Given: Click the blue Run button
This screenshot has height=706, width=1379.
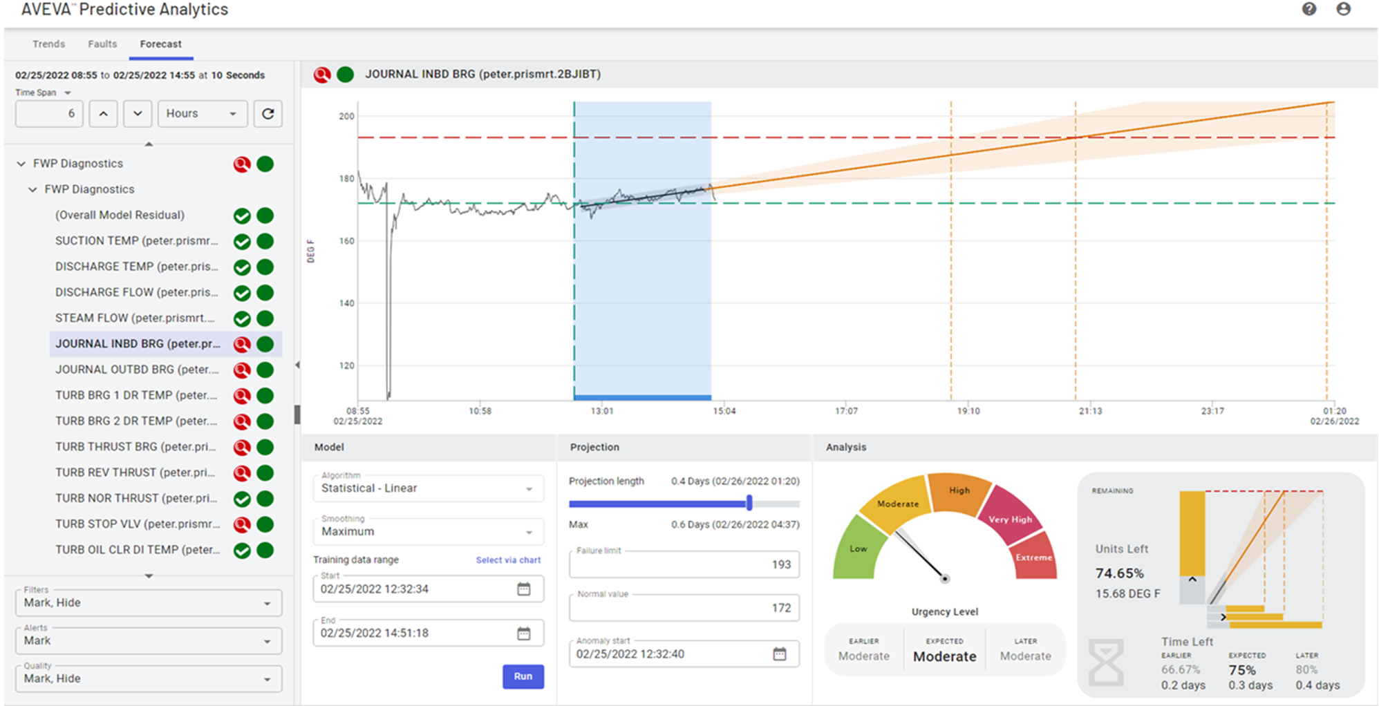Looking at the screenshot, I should tap(523, 676).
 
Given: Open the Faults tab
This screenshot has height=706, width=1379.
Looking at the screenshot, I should tap(102, 44).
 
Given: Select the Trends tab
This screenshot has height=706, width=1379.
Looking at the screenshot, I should tap(48, 44).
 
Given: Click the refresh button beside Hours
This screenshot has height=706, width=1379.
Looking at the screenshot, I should tap(268, 113).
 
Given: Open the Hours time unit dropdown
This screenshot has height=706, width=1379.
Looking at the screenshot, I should tap(202, 113).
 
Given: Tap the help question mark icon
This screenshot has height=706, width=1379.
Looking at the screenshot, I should tap(1309, 9).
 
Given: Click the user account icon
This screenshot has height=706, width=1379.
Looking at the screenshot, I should tap(1343, 9).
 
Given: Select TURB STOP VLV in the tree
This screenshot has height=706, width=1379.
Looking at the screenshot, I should tap(137, 524).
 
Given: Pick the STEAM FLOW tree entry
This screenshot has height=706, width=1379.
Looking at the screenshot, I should tap(135, 318).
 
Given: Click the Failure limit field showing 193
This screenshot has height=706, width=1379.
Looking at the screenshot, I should tap(684, 564).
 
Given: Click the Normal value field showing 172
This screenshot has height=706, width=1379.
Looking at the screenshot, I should tap(684, 608).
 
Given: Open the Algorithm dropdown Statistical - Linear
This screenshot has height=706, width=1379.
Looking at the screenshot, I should tap(428, 488).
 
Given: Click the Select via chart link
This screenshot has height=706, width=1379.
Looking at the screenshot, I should tap(508, 560).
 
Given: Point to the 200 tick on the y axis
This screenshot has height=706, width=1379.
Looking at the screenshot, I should tap(346, 116).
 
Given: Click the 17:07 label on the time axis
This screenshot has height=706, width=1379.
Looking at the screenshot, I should tap(846, 411).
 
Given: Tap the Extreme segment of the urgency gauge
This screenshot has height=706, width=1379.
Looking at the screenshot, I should tap(1033, 557).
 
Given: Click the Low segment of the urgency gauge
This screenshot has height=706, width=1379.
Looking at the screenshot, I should tap(858, 548).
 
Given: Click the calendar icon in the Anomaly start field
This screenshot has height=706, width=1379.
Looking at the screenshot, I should tap(779, 654).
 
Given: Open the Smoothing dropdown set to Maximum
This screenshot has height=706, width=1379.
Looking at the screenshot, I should tap(428, 532).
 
